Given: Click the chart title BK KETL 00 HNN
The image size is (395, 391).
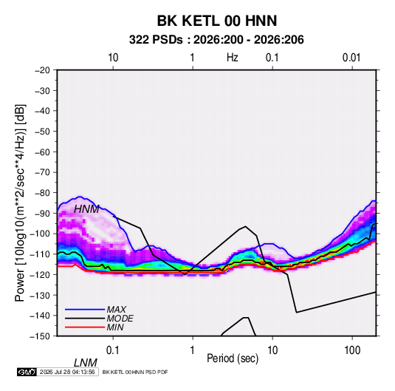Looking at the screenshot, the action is pyautogui.click(x=217, y=21).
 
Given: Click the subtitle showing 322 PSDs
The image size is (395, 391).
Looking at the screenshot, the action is pyautogui.click(x=216, y=40).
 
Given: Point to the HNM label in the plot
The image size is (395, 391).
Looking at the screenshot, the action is pyautogui.click(x=86, y=209).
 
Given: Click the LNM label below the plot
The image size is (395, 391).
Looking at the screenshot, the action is pyautogui.click(x=86, y=363).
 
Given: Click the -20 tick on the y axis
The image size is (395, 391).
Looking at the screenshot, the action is pyautogui.click(x=42, y=70).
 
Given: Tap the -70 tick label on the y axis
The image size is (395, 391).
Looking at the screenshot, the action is pyautogui.click(x=42, y=172).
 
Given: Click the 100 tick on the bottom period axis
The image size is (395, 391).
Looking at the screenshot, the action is pyautogui.click(x=352, y=350).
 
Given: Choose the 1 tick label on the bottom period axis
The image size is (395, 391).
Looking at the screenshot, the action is pyautogui.click(x=193, y=350).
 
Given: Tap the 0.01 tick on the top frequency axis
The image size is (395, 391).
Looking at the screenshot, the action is pyautogui.click(x=351, y=58).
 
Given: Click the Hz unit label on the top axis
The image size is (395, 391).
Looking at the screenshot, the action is pyautogui.click(x=233, y=58).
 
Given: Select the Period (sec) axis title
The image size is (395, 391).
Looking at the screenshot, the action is pyautogui.click(x=233, y=358).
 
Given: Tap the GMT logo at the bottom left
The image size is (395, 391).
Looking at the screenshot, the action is pyautogui.click(x=27, y=372).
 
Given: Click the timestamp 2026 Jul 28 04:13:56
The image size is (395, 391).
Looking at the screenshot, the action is pyautogui.click(x=67, y=372).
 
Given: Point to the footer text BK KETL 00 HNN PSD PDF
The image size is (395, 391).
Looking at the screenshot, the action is pyautogui.click(x=135, y=372).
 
